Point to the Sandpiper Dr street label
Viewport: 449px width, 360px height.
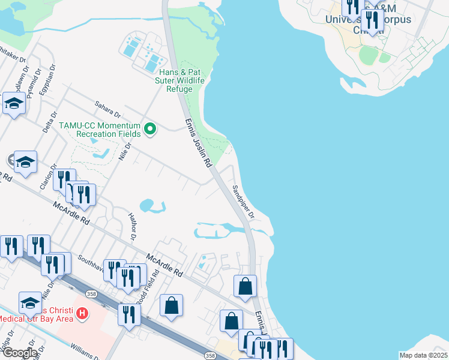click(x=244, y=202)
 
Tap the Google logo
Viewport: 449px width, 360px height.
click(x=19, y=353)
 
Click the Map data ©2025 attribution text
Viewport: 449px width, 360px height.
click(x=423, y=355)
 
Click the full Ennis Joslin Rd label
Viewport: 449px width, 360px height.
click(x=197, y=144)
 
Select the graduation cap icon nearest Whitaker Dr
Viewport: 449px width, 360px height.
click(x=14, y=104)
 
